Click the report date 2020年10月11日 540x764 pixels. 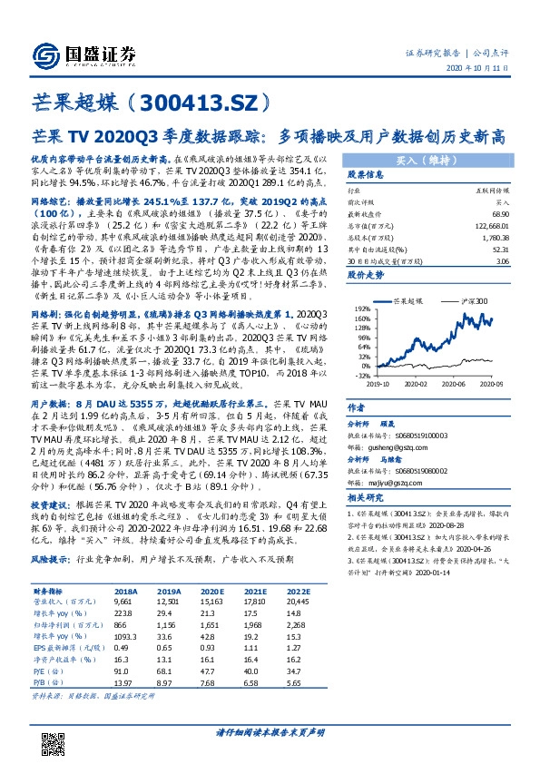click(x=480, y=69)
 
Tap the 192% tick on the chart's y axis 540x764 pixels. click(x=362, y=309)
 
